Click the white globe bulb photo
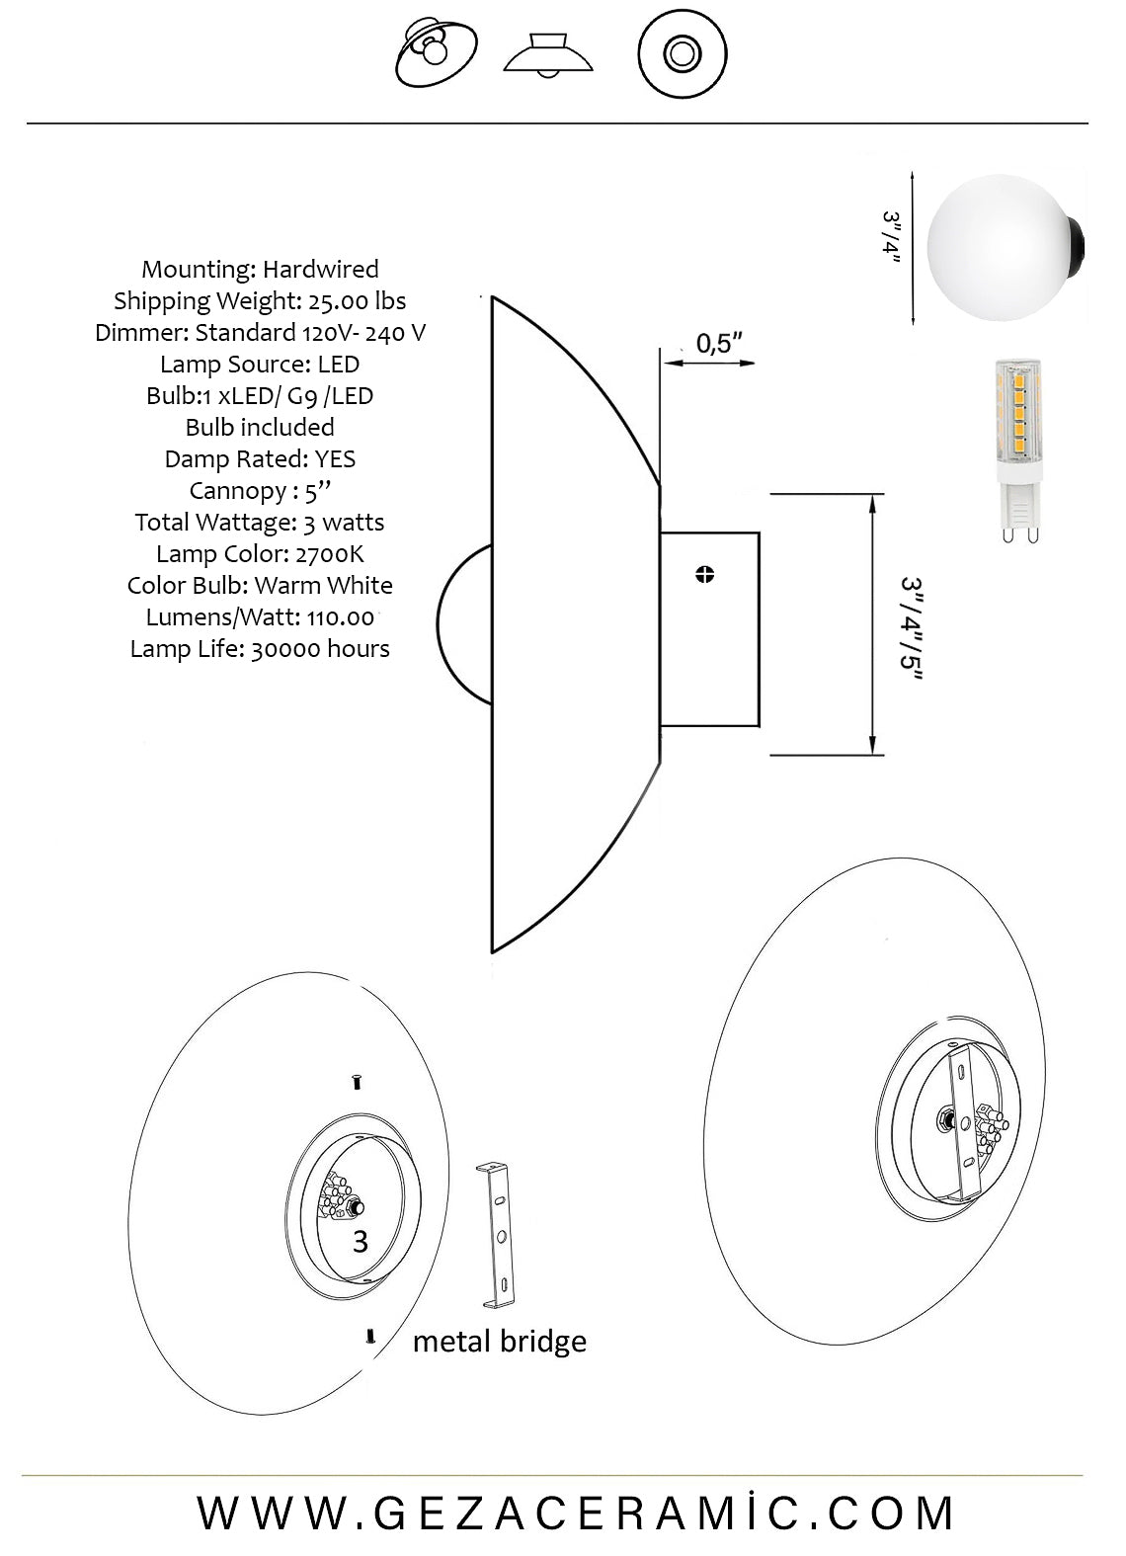click(x=1005, y=247)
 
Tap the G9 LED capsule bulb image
click(x=1019, y=450)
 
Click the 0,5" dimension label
click(x=719, y=343)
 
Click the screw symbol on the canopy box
click(x=704, y=574)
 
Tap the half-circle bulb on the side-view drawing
click(x=464, y=624)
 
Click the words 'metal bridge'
click(x=500, y=1342)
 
